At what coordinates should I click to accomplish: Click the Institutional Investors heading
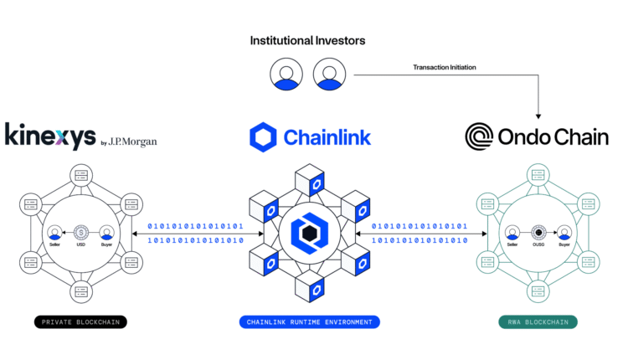coord(307,40)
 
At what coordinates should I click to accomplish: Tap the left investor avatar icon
coord(286,75)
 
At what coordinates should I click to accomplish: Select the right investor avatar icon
coord(329,75)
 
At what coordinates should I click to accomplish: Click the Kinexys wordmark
coord(49,136)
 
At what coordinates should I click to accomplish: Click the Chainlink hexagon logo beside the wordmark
coord(263,136)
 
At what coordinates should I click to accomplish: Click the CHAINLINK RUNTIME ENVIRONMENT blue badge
coord(309,321)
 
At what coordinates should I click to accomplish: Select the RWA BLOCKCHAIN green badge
coord(537,321)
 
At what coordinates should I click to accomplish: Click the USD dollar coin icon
coord(81,232)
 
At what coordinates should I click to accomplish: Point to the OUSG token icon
coord(537,232)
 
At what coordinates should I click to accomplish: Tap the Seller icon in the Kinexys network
coord(55,232)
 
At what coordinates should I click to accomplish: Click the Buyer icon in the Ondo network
coord(563,232)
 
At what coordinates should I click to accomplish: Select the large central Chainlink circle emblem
coord(309,234)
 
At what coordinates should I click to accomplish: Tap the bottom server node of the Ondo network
coord(537,291)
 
